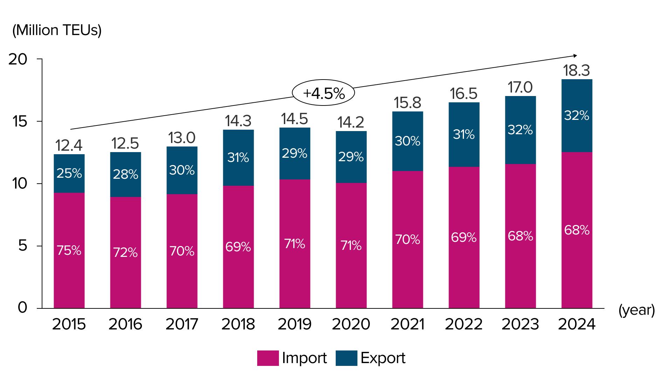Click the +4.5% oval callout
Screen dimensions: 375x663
coord(323,93)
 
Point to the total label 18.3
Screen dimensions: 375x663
coord(576,70)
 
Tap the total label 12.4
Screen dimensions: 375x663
coord(69,145)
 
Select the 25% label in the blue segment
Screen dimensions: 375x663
coord(69,173)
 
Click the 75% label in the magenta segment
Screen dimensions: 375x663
coord(69,250)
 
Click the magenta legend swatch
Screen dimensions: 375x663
coord(268,358)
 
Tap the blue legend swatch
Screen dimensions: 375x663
coord(346,358)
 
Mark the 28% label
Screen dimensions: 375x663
coord(125,174)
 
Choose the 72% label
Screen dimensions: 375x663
coord(125,252)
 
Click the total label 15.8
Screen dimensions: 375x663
coord(407,103)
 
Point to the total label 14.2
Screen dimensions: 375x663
coord(351,122)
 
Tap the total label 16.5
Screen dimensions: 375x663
coord(464,94)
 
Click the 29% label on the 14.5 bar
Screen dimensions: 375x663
coord(294,153)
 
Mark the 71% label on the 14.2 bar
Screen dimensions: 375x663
coord(351,245)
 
